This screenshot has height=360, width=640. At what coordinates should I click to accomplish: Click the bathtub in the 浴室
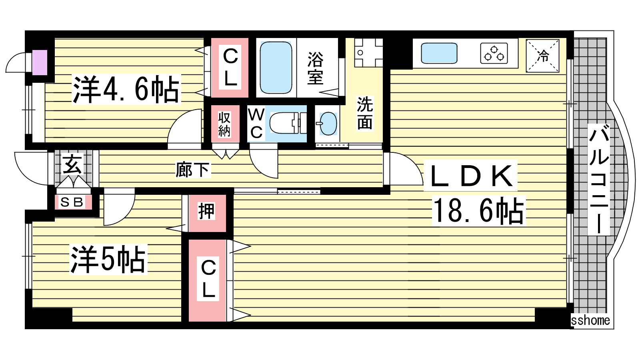(x=276, y=68)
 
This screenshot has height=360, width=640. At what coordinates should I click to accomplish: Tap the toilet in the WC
(x=288, y=123)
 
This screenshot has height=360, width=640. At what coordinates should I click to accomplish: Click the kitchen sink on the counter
(x=439, y=53)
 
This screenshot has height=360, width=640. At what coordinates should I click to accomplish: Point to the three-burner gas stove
(x=494, y=53)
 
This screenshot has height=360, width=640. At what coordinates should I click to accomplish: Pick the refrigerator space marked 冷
(x=542, y=56)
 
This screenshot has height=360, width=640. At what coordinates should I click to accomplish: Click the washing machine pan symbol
(x=368, y=53)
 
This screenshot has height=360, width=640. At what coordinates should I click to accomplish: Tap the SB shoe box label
(x=72, y=202)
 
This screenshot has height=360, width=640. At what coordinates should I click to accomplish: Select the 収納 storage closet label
(x=224, y=124)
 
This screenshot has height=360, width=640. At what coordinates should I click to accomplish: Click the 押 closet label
(x=206, y=212)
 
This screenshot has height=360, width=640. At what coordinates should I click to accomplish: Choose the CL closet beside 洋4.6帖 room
(x=230, y=68)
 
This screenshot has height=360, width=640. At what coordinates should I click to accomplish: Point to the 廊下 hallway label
(x=193, y=170)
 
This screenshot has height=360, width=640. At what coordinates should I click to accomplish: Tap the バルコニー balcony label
(x=599, y=180)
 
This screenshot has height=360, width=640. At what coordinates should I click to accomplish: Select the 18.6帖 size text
(x=479, y=211)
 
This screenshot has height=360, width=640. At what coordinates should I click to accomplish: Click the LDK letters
(x=470, y=176)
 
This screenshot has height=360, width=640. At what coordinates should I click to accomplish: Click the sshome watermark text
(x=590, y=320)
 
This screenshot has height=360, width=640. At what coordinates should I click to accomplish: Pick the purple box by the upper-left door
(x=40, y=62)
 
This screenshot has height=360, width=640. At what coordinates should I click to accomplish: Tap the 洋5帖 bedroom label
(x=108, y=260)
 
